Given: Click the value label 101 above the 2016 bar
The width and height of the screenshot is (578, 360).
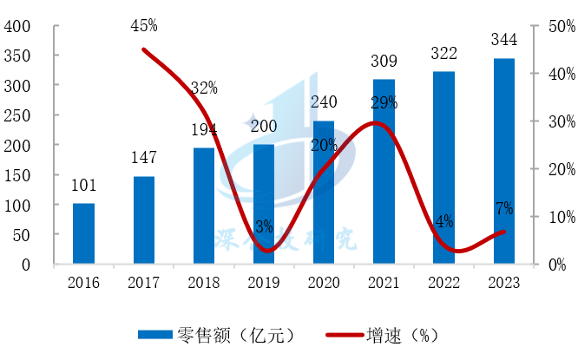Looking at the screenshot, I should [83, 186].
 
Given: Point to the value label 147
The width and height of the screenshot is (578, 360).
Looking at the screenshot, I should [144, 159].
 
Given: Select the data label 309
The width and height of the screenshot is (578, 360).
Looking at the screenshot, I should [384, 62].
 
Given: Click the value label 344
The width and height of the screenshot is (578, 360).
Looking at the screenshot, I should [503, 40].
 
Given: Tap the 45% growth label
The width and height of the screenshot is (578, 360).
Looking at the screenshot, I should [144, 27].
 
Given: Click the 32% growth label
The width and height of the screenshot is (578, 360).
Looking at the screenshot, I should [204, 88].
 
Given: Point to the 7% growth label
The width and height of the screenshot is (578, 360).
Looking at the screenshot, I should [503, 208].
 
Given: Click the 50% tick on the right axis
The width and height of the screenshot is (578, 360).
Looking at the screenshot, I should [558, 27].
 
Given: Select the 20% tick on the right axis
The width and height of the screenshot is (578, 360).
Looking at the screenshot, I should [558, 169].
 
